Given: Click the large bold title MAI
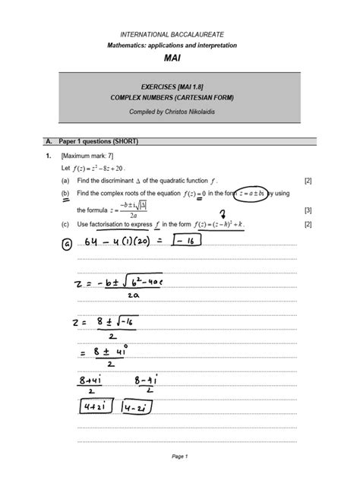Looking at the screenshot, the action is coord(180,58).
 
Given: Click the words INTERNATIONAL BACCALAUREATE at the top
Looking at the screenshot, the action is coord(180,33).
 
